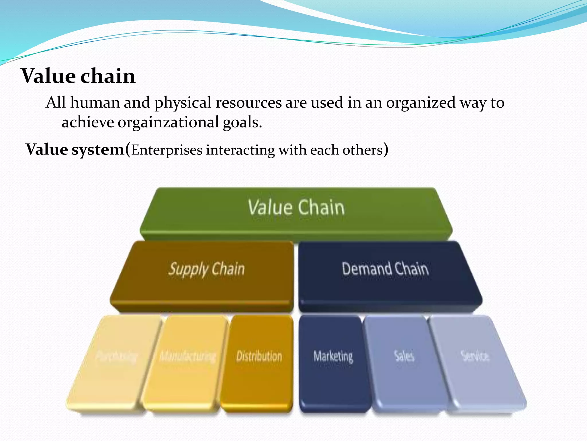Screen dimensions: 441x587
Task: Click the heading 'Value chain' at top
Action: (x=78, y=76)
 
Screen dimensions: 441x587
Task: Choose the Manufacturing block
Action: (x=186, y=362)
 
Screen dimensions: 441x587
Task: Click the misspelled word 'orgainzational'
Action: (x=168, y=123)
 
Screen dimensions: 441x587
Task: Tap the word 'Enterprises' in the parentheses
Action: (x=167, y=150)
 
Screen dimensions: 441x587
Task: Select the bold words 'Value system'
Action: (x=75, y=150)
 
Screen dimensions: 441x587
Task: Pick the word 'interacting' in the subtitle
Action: (x=240, y=150)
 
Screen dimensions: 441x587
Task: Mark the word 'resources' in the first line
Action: (x=249, y=103)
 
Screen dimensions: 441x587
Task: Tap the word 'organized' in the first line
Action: (x=420, y=103)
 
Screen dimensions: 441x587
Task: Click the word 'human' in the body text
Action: (x=95, y=103)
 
